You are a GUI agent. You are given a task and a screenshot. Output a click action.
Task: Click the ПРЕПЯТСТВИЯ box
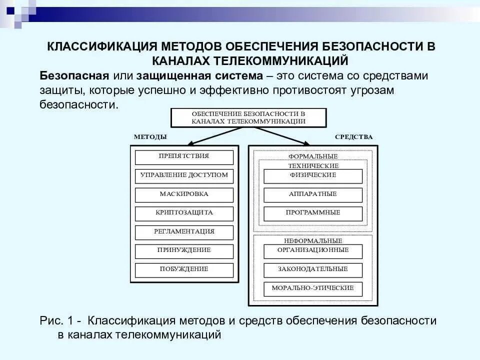(x=184, y=157)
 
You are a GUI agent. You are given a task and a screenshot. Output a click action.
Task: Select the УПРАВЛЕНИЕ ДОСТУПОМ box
(x=184, y=176)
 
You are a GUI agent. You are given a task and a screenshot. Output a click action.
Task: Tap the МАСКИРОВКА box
(x=184, y=194)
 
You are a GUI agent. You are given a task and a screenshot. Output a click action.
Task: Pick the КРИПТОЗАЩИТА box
(x=184, y=213)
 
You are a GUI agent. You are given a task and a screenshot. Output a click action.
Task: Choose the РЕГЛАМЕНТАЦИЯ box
(x=184, y=232)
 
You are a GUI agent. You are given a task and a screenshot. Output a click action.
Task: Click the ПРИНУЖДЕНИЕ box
(x=184, y=251)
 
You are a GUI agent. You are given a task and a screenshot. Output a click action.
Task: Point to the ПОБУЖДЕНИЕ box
(x=184, y=270)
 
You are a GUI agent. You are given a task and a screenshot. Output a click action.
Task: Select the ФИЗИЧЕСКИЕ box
(x=313, y=176)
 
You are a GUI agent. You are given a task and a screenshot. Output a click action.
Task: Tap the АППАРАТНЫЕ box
(x=313, y=194)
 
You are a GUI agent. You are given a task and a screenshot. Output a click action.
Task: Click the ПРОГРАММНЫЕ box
(x=313, y=213)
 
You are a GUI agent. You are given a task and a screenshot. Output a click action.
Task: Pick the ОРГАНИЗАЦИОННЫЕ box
(x=313, y=251)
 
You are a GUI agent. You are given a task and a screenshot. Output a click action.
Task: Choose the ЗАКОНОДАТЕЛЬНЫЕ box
(x=313, y=270)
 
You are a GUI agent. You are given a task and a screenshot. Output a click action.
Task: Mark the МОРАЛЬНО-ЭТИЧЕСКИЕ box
(x=313, y=288)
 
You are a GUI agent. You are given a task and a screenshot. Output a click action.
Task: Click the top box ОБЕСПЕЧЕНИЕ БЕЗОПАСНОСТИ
(x=248, y=117)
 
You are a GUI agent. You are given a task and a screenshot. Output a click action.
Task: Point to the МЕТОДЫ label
(x=150, y=137)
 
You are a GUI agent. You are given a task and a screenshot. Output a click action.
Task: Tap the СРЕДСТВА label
(x=353, y=137)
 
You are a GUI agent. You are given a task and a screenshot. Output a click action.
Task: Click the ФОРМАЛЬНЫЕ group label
(x=313, y=156)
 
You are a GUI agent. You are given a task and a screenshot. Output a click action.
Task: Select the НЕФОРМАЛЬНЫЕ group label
(x=313, y=241)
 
